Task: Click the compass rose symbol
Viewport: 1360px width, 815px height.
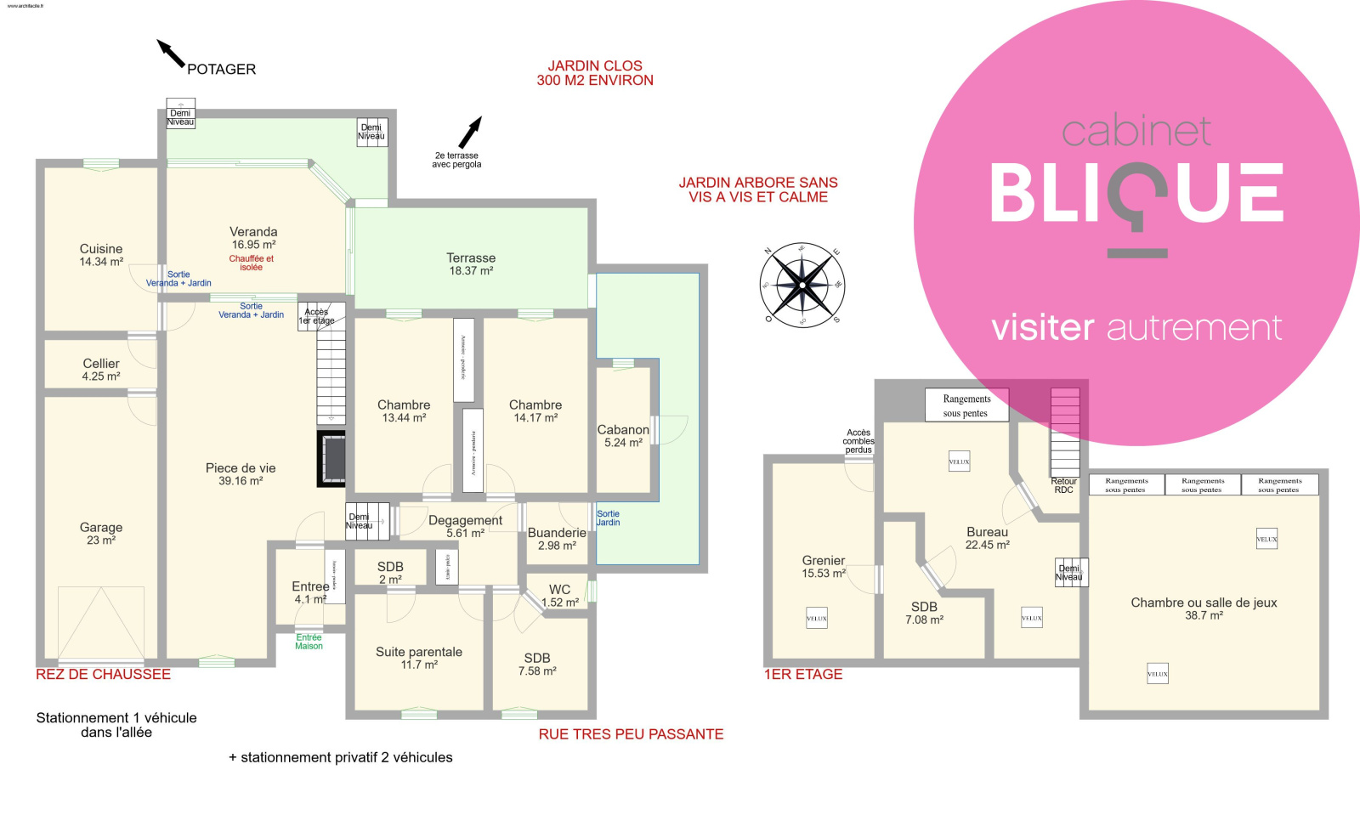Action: [802, 286]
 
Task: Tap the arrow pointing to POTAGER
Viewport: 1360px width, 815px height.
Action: [171, 53]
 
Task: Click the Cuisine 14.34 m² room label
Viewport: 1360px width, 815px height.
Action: [101, 255]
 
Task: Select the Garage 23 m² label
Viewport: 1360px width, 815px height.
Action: [101, 534]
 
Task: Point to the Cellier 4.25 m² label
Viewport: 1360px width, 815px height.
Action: [101, 370]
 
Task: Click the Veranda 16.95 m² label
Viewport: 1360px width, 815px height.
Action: [253, 238]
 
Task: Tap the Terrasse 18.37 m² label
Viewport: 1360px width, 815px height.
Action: [471, 264]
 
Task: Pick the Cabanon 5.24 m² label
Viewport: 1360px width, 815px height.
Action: [623, 436]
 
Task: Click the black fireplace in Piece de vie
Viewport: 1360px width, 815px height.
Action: [331, 459]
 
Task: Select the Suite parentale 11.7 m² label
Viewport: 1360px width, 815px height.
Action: [419, 658]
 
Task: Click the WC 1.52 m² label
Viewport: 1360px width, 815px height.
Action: [559, 596]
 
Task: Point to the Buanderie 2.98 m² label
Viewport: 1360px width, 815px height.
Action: [557, 539]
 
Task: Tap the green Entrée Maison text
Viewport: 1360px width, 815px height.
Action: [309, 642]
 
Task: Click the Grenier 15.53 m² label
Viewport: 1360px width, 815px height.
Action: [824, 567]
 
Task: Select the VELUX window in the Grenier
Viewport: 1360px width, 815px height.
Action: [817, 619]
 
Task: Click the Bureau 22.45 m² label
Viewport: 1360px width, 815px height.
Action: [987, 538]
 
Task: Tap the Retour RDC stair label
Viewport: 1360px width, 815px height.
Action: [1063, 485]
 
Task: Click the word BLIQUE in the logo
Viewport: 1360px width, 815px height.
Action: [1136, 195]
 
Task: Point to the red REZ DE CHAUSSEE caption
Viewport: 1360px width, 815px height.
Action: [103, 675]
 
